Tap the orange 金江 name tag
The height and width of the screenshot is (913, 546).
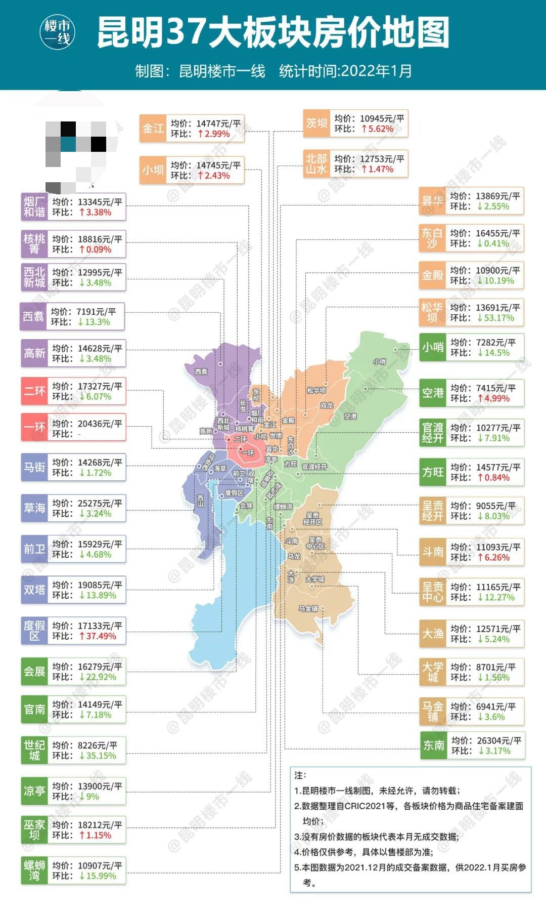coord(153,129)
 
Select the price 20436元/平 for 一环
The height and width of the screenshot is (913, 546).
coord(100,424)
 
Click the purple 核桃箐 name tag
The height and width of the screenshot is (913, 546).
coord(34,244)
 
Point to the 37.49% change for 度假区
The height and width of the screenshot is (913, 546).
coord(98,636)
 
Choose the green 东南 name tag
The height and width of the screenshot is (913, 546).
coord(434,745)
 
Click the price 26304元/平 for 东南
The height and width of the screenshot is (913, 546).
coord(499,740)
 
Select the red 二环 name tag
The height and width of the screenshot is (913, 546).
coord(34,391)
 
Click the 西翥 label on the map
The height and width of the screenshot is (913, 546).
coord(201,371)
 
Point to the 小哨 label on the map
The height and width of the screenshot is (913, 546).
coord(379,361)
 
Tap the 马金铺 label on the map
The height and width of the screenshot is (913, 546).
coord(308,608)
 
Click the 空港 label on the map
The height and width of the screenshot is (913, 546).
coord(350,416)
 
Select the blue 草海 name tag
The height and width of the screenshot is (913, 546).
coord(34,508)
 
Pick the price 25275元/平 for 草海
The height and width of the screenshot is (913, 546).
coord(100,503)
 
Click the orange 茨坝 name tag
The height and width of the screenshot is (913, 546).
coord(316,123)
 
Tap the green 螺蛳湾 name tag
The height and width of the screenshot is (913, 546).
coord(34,870)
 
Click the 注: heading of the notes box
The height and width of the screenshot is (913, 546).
coord(300,775)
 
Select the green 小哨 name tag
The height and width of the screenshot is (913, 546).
coord(433,348)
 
